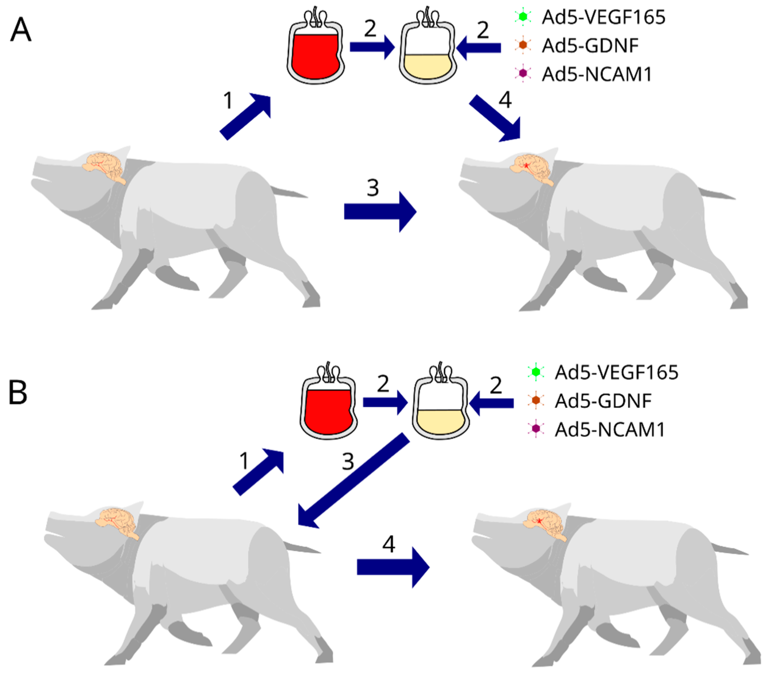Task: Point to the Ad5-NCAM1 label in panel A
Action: pyautogui.click(x=597, y=74)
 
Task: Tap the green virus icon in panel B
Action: pyautogui.click(x=536, y=372)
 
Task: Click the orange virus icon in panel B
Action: pyautogui.click(x=536, y=400)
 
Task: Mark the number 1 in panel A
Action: pyautogui.click(x=228, y=101)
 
